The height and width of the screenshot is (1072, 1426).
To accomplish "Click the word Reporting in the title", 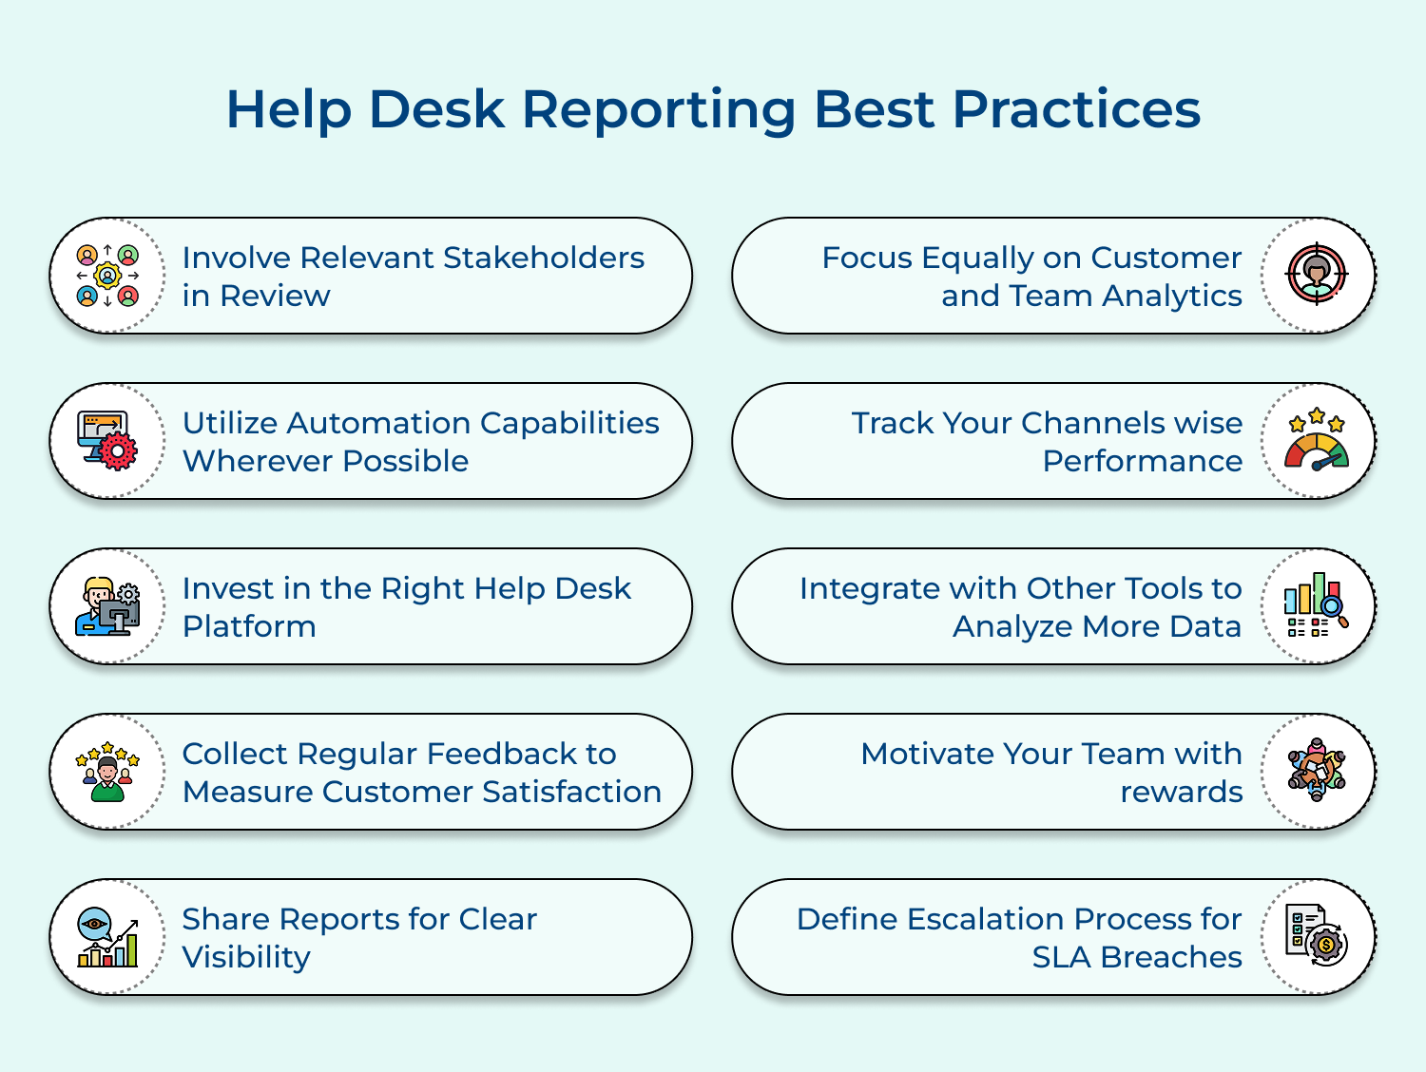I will [x=659, y=110].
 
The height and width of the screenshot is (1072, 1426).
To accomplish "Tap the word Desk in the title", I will [x=436, y=108].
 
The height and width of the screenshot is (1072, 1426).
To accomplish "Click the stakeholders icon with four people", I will [x=107, y=276].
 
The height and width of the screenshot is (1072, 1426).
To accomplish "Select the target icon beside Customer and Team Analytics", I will [x=1317, y=275].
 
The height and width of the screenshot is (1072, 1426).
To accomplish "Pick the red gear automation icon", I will [x=108, y=441].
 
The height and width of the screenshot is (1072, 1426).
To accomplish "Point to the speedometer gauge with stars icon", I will [x=1317, y=440].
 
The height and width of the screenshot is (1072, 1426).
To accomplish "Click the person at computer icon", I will [x=108, y=606].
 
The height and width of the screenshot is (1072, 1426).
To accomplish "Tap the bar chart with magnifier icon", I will [x=1317, y=605].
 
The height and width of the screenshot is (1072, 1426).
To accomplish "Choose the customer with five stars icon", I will [x=107, y=772].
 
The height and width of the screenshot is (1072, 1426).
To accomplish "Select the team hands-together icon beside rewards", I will [x=1317, y=771].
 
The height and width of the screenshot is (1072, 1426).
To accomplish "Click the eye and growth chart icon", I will [x=107, y=937].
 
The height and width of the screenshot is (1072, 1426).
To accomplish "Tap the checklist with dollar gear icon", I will [x=1317, y=936].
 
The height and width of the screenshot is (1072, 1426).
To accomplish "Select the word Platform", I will [x=249, y=626].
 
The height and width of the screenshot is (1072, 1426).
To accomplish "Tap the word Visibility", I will [x=246, y=957].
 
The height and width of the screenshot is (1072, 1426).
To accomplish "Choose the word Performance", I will [x=1142, y=461].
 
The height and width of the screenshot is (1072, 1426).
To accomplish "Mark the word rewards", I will [x=1181, y=792].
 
